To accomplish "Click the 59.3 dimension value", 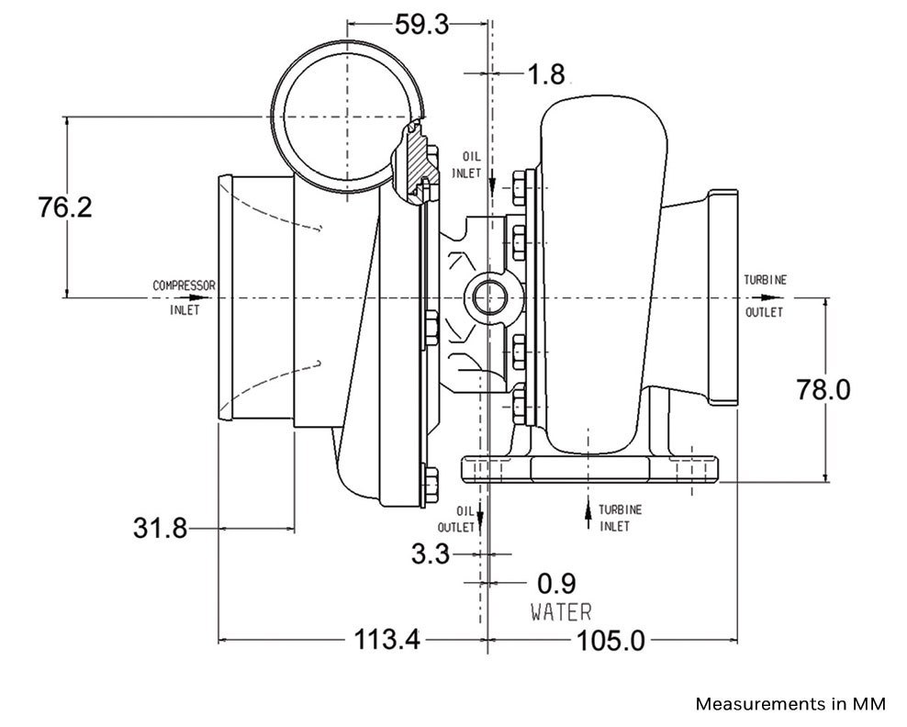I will click(421, 24).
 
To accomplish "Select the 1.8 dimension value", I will click(545, 74).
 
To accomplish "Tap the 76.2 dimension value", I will click(65, 207).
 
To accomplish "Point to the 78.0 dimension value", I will click(823, 389).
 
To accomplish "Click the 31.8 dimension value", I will click(160, 529).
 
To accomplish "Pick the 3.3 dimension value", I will click(430, 554).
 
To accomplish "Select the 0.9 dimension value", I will click(555, 583).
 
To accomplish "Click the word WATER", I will click(560, 611).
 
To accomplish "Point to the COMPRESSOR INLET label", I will click(184, 296).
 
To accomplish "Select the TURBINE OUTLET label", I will click(765, 296).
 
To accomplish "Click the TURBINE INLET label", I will click(620, 518).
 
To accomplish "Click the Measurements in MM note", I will click(790, 704).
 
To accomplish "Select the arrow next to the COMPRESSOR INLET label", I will click(196, 297).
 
